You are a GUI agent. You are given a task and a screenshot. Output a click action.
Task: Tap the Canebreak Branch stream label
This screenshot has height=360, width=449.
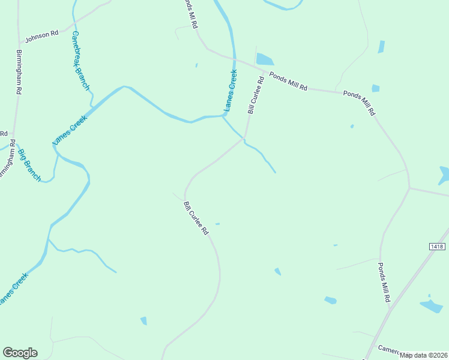pos(80,61)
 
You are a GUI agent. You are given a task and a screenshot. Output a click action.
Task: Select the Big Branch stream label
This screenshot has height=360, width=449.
pos(29,164)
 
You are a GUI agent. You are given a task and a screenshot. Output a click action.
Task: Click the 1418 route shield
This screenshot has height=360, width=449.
pos(438,247)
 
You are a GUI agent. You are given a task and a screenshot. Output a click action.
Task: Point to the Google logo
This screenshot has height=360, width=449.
pos(20,353)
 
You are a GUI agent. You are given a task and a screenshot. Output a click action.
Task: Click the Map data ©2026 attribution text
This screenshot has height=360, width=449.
pos(424,355)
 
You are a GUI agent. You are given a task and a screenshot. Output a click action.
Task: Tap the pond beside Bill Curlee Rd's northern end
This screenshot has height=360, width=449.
pos(265,59)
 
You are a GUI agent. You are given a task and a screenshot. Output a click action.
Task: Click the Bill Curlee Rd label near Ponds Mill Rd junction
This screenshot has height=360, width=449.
pos(256,95)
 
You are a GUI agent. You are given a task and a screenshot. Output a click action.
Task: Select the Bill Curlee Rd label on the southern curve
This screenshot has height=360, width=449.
pos(196,218)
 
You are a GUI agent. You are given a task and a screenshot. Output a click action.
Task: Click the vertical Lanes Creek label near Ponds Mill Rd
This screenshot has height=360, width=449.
pos(231,91)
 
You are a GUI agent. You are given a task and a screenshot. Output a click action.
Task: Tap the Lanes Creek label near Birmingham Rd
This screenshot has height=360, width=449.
pos(70,130)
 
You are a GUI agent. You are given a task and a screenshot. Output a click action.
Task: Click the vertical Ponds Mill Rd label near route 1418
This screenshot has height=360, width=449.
pos(384,281)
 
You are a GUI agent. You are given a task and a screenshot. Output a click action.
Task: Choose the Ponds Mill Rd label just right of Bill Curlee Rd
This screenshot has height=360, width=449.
pos(288,81)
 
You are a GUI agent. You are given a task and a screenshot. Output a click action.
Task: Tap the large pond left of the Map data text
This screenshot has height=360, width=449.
pos(431,306)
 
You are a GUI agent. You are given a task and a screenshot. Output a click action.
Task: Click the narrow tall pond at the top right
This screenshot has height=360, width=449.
pos(381,47)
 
